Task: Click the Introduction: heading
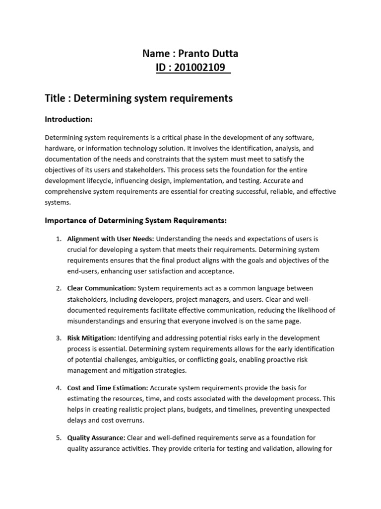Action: [x=69, y=119]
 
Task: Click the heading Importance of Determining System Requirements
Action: [x=136, y=220]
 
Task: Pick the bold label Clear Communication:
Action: [x=101, y=288]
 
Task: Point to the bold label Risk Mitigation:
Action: [x=92, y=338]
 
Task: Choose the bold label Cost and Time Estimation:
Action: [x=107, y=388]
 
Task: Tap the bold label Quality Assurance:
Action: [x=96, y=437]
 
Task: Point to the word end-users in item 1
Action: [x=83, y=271]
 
